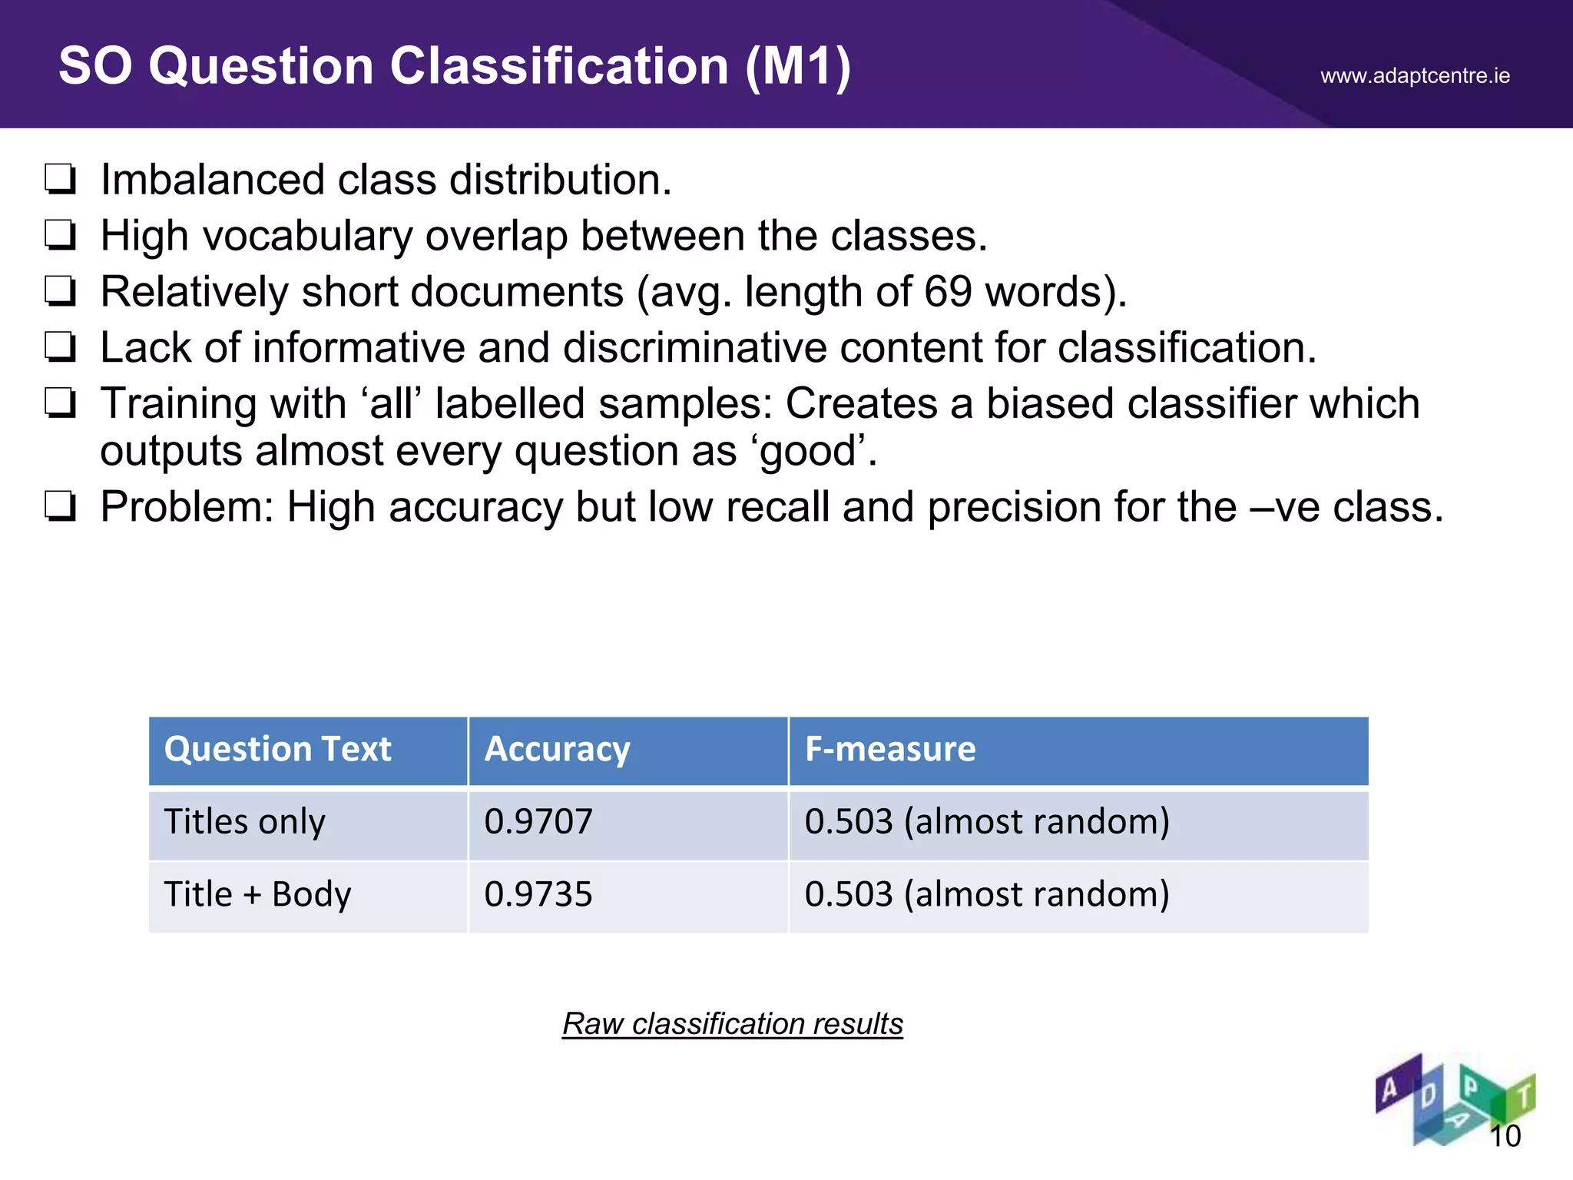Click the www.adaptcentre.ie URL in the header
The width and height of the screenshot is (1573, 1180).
point(1415,76)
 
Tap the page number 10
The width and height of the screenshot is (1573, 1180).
point(1505,1136)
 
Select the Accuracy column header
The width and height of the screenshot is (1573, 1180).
point(557,750)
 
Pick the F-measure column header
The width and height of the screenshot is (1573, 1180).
point(889,750)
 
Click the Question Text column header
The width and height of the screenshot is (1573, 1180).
point(277,750)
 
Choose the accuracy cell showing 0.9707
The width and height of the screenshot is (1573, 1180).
point(538,822)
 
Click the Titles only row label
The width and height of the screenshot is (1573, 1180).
point(244,822)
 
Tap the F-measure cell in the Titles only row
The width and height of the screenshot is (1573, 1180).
point(987,822)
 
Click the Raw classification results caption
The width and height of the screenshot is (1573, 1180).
point(732,1024)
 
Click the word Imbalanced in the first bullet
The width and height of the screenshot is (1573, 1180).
point(213,181)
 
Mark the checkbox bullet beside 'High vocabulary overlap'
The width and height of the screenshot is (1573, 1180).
point(60,235)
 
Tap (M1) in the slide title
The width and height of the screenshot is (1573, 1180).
point(798,67)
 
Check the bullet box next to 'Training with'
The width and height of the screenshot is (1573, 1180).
point(60,403)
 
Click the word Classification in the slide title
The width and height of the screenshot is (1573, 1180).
point(558,66)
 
